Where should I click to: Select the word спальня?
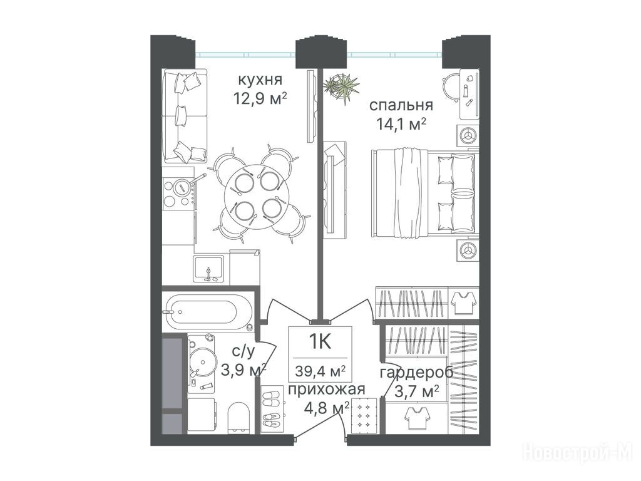pyautogui.click(x=401, y=105)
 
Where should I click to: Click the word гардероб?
pyautogui.click(x=416, y=373)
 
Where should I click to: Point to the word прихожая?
pyautogui.click(x=326, y=390)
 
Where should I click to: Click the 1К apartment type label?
pyautogui.click(x=320, y=341)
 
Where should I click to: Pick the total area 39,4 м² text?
pyautogui.click(x=320, y=371)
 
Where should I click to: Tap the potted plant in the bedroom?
pyautogui.click(x=341, y=87)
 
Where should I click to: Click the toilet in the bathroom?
pyautogui.click(x=238, y=418)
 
